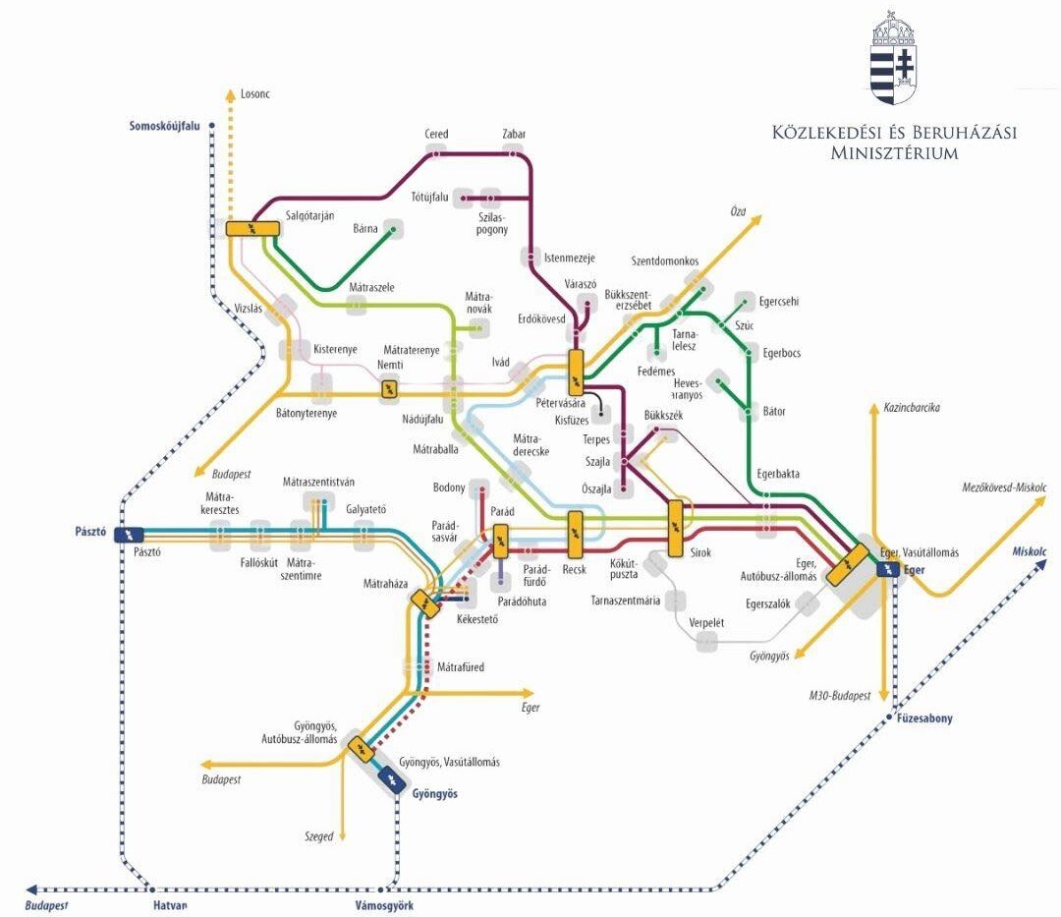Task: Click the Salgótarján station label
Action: pos(309,216)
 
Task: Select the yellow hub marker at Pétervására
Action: pos(576,373)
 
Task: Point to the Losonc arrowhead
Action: pos(232,93)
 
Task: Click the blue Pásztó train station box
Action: pos(129,535)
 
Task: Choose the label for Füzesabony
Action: pos(924,718)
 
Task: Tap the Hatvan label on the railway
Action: pos(170,905)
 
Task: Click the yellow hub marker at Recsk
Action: pos(575,534)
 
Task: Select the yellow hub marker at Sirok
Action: pos(675,529)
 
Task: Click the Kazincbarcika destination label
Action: pos(912,408)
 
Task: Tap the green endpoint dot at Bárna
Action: pos(393,229)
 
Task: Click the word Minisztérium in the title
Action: pos(895,153)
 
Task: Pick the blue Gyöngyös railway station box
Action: pos(392,779)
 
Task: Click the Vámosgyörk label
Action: pos(384,905)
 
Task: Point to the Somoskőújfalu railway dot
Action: pos(212,126)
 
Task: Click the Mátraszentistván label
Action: pos(318,482)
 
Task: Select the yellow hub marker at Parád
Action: pos(501,542)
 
